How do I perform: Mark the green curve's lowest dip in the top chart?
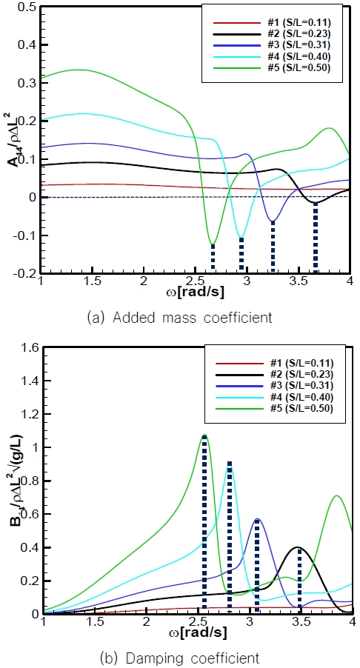pyautogui.click(x=213, y=244)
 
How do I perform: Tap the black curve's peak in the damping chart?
pyautogui.click(x=299, y=547)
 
